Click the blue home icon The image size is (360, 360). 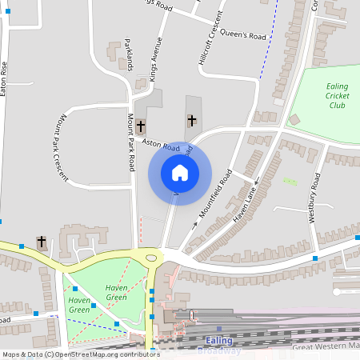pos(180,172)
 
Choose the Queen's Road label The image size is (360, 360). pos(246,36)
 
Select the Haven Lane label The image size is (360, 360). pos(247,200)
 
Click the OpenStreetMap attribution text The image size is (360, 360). pos(80,354)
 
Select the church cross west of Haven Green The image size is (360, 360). pos(42,241)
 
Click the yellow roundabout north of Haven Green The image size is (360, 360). pos(150,256)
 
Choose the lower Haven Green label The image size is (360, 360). pos(79,305)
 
